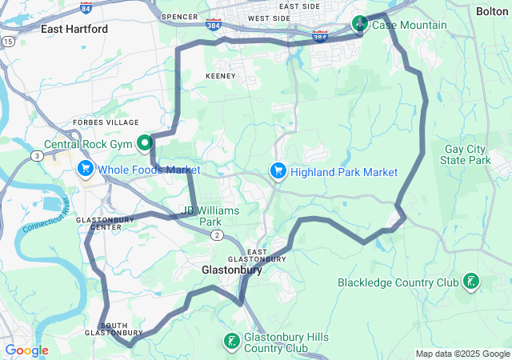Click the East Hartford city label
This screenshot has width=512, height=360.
point(74,29)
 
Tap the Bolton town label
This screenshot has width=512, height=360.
point(491,11)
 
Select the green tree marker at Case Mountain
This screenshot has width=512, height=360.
point(360,23)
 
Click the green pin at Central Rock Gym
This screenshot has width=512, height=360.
point(145,143)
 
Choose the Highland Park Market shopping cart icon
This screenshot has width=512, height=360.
point(278,171)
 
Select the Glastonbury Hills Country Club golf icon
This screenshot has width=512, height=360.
point(231,342)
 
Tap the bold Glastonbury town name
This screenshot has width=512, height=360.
point(231,271)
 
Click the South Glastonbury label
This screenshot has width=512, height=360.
point(114,329)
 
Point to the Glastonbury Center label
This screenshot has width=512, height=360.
point(99,223)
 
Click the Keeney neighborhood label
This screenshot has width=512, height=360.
point(221,76)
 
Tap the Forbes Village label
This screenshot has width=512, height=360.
point(105,122)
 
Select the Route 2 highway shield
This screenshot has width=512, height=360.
point(217,234)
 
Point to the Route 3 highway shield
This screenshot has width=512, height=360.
point(38,155)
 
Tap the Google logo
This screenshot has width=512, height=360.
point(26,350)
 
